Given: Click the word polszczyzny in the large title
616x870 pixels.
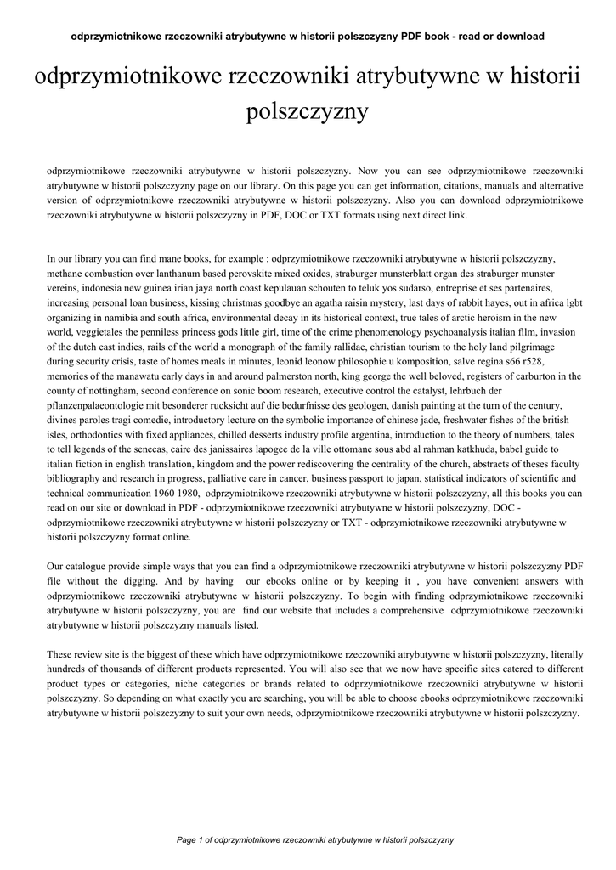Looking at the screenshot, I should pos(307,111).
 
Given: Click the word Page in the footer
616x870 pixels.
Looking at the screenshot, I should pos(187,839).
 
